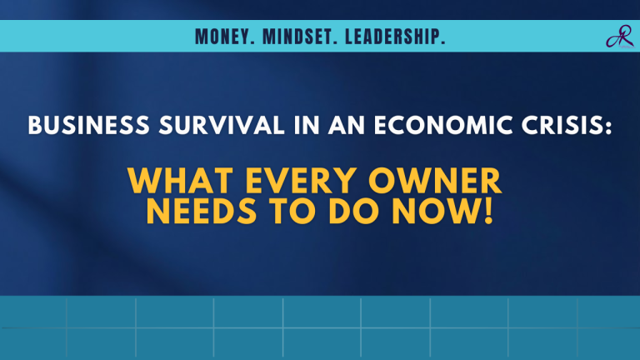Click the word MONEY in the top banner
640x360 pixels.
click(221, 37)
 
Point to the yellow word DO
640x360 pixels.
click(361, 212)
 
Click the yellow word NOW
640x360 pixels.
click(438, 212)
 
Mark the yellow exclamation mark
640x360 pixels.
click(488, 212)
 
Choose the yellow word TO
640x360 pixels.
click(303, 212)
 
